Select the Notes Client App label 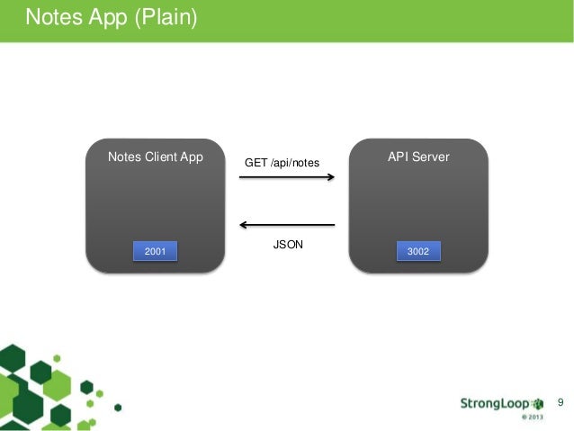click(x=156, y=157)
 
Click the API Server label click(x=418, y=157)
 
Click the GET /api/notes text click(x=282, y=163)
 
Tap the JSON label click(x=287, y=244)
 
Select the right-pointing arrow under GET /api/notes click(x=287, y=178)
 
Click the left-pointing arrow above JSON click(x=287, y=225)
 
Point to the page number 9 click(x=561, y=400)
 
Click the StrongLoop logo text click(x=496, y=402)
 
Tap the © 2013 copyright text click(x=532, y=418)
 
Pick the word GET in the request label click(x=256, y=163)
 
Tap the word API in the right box click(x=399, y=157)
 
